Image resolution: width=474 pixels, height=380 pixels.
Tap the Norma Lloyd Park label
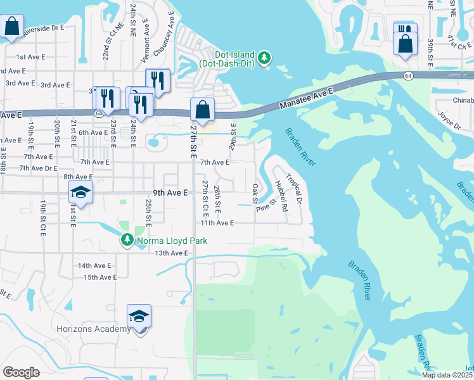click(x=161, y=240)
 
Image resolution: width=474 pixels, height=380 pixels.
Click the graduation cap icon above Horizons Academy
click(x=139, y=315)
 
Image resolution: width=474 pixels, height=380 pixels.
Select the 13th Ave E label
click(x=172, y=253)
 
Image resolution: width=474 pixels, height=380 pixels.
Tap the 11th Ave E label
click(x=217, y=223)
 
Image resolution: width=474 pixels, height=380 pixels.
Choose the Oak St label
click(x=255, y=194)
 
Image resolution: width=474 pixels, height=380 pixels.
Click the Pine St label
click(x=267, y=206)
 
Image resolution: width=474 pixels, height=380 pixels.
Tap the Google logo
click(x=22, y=372)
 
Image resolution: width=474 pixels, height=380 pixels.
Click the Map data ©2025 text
click(x=446, y=375)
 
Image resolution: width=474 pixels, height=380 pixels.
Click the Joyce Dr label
click(x=449, y=120)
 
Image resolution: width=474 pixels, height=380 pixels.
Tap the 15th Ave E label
click(x=100, y=277)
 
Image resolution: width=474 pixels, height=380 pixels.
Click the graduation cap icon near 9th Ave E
click(x=80, y=191)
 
